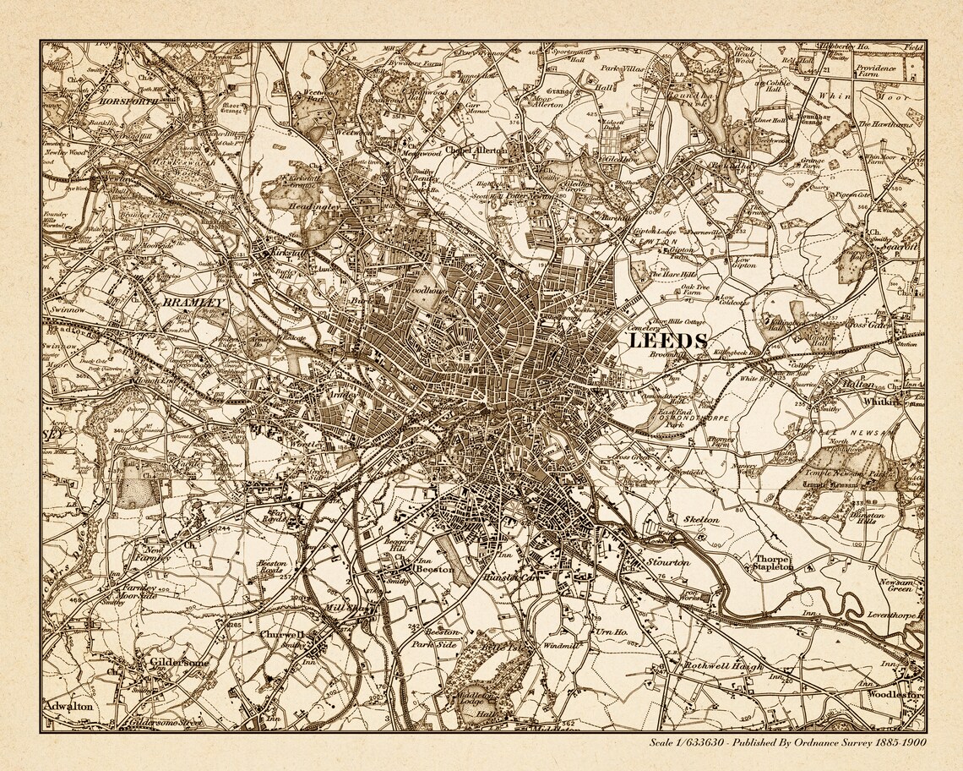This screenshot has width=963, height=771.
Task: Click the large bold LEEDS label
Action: point(667,341)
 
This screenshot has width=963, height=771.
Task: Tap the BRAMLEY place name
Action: point(194,302)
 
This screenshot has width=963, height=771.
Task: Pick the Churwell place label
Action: point(282,633)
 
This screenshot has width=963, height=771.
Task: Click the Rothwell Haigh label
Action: point(724,666)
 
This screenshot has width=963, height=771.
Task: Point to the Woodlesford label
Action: point(895,695)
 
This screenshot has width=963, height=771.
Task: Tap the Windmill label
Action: point(560,646)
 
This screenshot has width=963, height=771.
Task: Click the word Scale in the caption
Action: point(664,742)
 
